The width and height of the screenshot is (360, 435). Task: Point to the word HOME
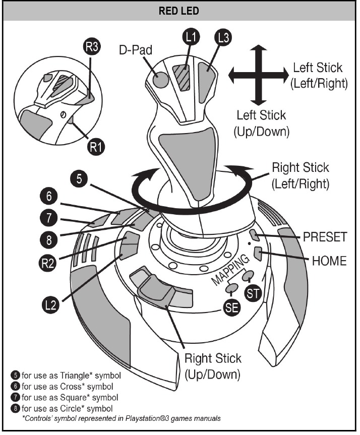point(329,261)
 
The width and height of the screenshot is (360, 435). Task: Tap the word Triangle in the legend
point(74,376)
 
